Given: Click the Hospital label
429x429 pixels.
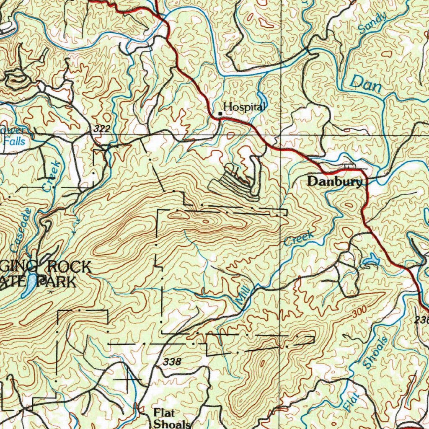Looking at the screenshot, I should click(x=244, y=107).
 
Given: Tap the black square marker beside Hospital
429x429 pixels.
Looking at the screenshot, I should click(x=220, y=113).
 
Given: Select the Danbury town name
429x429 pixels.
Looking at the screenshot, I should click(x=334, y=182).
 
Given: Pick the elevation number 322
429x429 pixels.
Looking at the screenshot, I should click(x=102, y=129).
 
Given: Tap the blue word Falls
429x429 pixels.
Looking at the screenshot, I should click(x=15, y=142).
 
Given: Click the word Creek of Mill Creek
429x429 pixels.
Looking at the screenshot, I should click(x=299, y=239).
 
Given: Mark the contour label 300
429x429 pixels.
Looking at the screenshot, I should click(x=359, y=311).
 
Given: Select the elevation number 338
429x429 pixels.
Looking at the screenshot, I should click(x=172, y=362).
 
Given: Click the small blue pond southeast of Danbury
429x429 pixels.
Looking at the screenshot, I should click(x=371, y=261).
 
